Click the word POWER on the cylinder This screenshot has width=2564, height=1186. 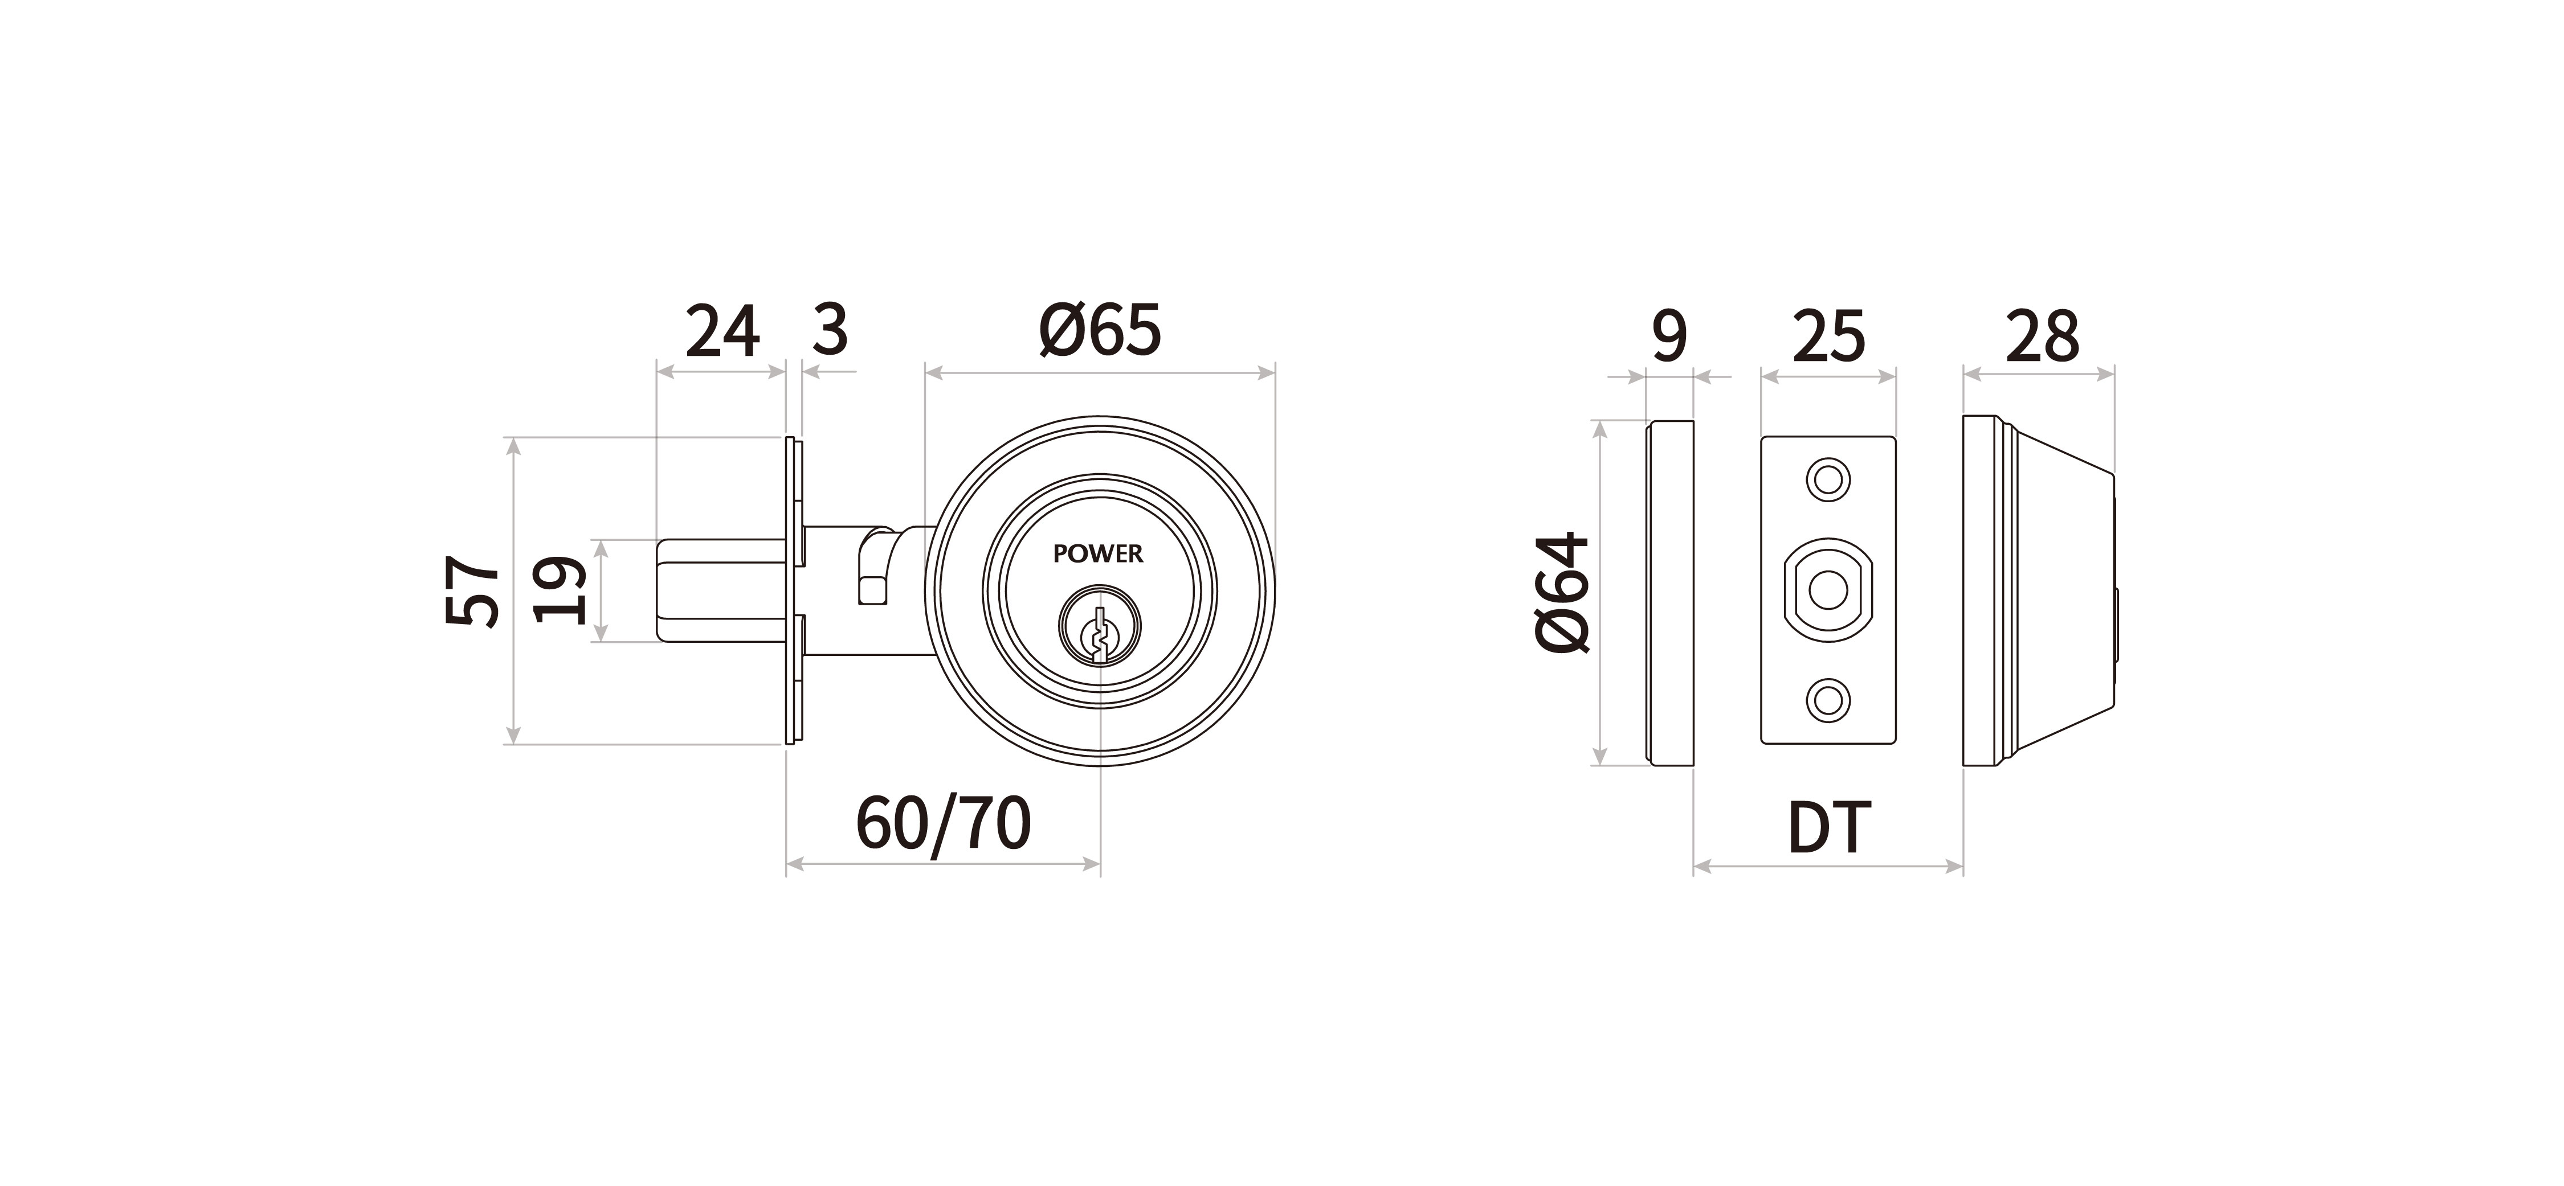[1098, 554]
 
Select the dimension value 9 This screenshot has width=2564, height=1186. [1669, 336]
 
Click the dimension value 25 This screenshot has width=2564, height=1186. [1828, 336]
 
